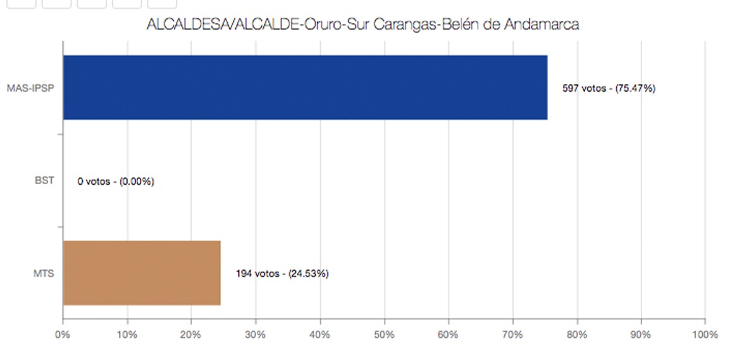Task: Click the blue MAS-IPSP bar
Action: [305, 87]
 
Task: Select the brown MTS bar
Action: [141, 273]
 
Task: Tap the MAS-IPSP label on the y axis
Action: [30, 88]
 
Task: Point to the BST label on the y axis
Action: [44, 181]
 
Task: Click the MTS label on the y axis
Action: [44, 274]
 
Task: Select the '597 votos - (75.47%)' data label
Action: [609, 89]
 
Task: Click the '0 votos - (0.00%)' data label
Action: [116, 182]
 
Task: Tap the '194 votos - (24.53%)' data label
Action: [282, 274]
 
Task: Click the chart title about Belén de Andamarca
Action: [363, 25]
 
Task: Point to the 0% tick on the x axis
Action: [63, 335]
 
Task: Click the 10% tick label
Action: [127, 335]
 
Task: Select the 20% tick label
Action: [191, 335]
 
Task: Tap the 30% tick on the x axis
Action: [256, 335]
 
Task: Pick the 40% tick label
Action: [319, 335]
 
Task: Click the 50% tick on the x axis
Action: [384, 335]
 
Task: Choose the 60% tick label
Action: [448, 335]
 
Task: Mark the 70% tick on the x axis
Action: [512, 335]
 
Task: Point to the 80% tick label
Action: [577, 335]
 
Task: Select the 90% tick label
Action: [641, 335]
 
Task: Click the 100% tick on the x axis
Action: [705, 335]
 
